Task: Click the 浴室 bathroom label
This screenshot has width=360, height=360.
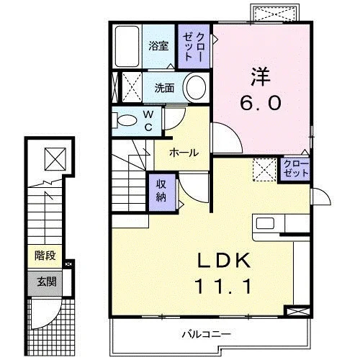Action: (x=158, y=46)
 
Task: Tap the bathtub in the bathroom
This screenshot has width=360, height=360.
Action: (x=127, y=47)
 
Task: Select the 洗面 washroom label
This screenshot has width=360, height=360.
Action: (x=164, y=88)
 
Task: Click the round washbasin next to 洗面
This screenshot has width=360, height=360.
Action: (x=196, y=87)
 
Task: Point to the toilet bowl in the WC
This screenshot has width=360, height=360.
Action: (x=127, y=120)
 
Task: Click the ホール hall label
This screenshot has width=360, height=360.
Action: (x=184, y=153)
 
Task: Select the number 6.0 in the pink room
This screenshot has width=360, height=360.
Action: (x=261, y=102)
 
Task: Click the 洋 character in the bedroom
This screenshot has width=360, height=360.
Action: (x=261, y=77)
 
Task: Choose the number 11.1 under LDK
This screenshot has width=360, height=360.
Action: (x=224, y=287)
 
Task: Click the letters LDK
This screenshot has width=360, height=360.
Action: (x=224, y=261)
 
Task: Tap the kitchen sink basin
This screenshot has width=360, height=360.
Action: (x=265, y=223)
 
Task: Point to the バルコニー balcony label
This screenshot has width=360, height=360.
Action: (x=206, y=334)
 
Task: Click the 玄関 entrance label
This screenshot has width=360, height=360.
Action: (x=47, y=282)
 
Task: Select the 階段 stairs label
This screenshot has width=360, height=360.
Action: (x=45, y=256)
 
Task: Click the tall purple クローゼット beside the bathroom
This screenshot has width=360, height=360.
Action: (x=194, y=47)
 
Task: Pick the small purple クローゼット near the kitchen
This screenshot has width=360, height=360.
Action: (x=296, y=169)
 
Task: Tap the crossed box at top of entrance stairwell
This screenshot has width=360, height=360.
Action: (x=55, y=159)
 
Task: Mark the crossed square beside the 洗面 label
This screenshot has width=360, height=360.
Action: (x=132, y=87)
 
